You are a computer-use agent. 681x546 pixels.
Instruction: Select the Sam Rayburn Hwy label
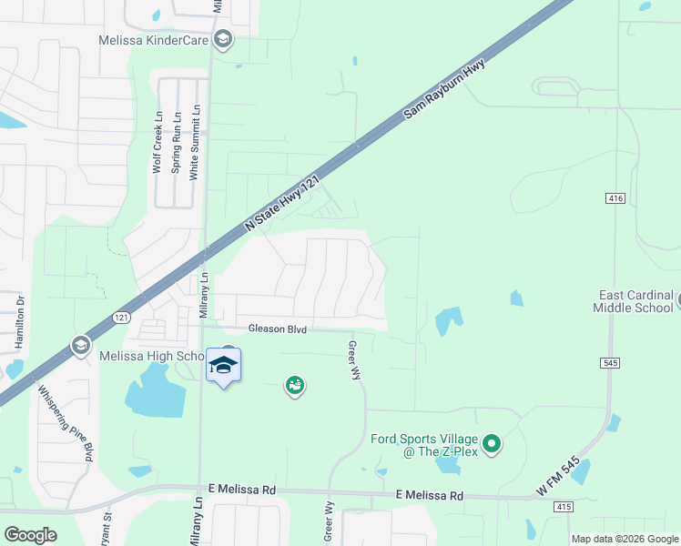click(444, 89)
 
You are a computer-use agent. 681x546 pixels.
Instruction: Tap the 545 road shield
click(610, 362)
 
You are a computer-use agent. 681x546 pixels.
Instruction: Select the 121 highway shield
click(122, 317)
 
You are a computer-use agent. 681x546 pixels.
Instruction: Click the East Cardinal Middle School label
click(635, 301)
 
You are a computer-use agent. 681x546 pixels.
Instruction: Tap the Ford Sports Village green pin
click(492, 444)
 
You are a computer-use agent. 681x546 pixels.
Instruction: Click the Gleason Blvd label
click(277, 329)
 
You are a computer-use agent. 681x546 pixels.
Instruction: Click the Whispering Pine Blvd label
click(66, 423)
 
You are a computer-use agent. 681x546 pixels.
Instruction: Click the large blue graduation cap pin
click(223, 366)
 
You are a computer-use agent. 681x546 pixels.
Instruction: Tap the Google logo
click(29, 535)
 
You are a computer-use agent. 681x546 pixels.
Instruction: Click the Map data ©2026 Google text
click(624, 539)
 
